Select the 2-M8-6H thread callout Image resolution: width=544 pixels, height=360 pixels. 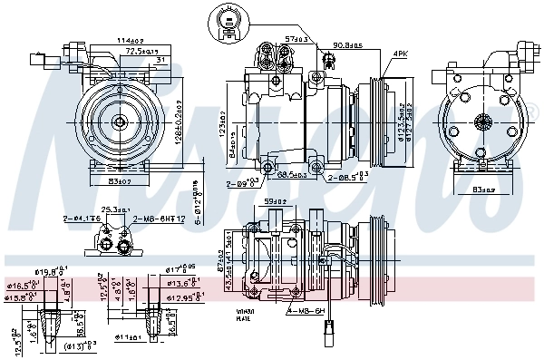pos(160,219)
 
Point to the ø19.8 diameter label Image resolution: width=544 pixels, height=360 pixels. pos(48,271)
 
